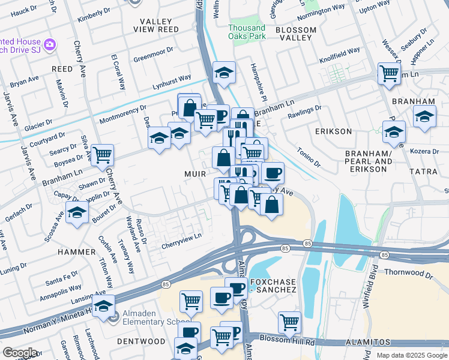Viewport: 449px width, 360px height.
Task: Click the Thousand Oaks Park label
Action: tap(247, 32)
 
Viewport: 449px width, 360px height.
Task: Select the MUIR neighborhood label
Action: tap(196, 174)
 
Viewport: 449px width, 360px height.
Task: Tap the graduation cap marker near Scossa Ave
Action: tap(77, 212)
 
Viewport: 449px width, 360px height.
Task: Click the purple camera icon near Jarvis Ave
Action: tap(50, 44)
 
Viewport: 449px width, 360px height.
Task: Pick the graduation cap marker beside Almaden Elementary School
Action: tap(104, 306)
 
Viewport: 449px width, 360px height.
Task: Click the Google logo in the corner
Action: tap(20, 353)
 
